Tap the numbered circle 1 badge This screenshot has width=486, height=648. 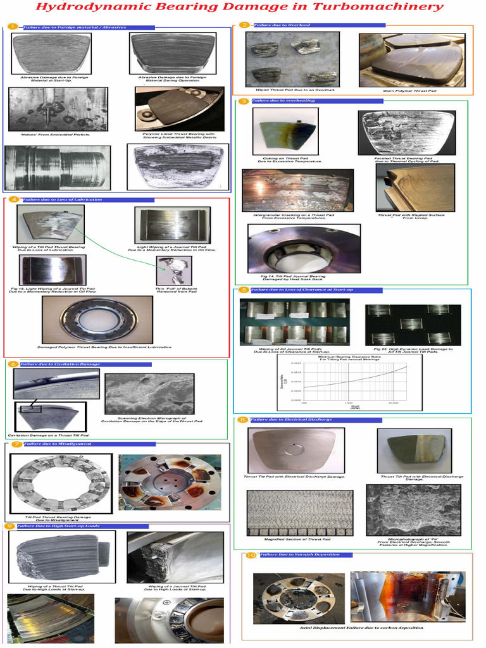coord(12,27)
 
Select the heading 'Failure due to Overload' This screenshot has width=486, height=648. coord(282,25)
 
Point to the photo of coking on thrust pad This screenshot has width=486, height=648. coord(285,131)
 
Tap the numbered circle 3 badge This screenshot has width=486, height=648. coord(243,101)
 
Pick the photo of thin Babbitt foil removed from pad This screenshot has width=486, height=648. coord(173,270)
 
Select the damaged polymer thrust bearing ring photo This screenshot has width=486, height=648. coord(97,319)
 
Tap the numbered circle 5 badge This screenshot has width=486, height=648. coord(243,290)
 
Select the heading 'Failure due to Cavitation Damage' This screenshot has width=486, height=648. coord(60,364)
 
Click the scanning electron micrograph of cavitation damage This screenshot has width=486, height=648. coord(149,394)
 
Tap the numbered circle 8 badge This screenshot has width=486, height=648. coord(242,420)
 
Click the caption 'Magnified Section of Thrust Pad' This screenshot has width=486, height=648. coord(292,539)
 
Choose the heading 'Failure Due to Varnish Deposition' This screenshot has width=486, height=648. coord(301,555)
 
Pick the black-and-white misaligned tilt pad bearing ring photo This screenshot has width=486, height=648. coord(61,483)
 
